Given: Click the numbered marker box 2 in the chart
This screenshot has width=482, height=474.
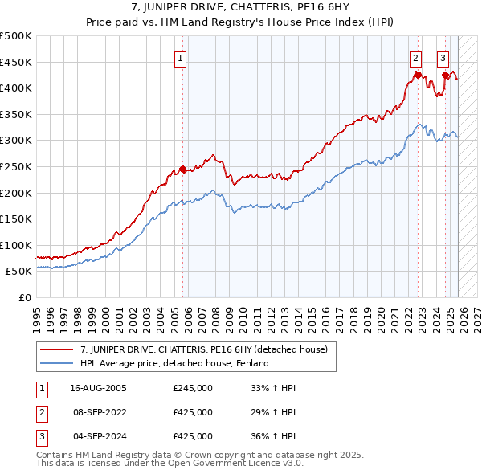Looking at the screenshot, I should pos(415,58).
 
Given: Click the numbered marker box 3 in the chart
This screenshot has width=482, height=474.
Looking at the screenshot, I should pos(443,58).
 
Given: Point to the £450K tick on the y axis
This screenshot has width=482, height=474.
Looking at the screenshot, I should pos(16,62).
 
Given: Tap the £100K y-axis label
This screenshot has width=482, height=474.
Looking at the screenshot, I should pos(16,245).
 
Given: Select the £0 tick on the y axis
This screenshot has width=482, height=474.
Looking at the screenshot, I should pos(24,297).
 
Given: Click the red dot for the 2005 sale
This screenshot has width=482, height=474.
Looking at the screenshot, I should pos(182,169).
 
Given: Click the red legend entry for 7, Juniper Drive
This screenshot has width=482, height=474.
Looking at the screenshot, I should pos(203,349).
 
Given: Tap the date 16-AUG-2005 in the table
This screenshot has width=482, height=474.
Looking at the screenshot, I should pos(98,388).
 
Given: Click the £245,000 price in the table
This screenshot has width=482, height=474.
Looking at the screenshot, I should pos(193,388).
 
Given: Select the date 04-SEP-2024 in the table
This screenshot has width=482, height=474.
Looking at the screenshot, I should pos(98,436).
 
